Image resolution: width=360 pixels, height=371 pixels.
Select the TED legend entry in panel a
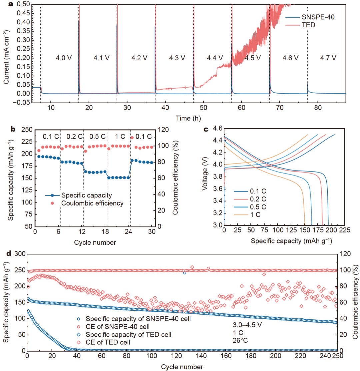click(308, 25)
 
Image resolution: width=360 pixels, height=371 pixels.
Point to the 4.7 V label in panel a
click(328, 58)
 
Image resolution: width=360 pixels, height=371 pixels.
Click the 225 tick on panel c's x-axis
click(345, 230)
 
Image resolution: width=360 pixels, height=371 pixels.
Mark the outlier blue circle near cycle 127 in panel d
click(185, 273)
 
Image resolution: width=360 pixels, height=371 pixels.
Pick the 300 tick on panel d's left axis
click(19, 254)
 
